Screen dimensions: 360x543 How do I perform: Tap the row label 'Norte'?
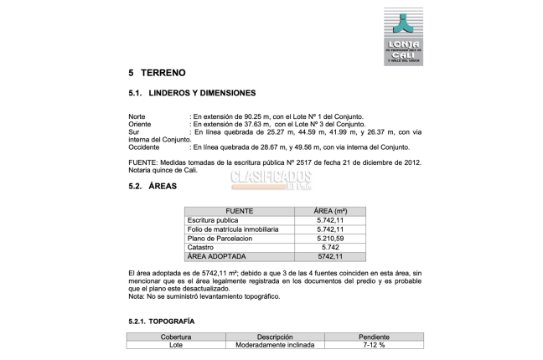click(x=137, y=116)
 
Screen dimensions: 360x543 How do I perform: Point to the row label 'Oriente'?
click(x=140, y=123)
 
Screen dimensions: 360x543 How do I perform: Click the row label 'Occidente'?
click(x=144, y=147)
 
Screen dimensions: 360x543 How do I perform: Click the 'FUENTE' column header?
click(x=240, y=211)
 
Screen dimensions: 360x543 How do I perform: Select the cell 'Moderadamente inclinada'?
click(x=274, y=344)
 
